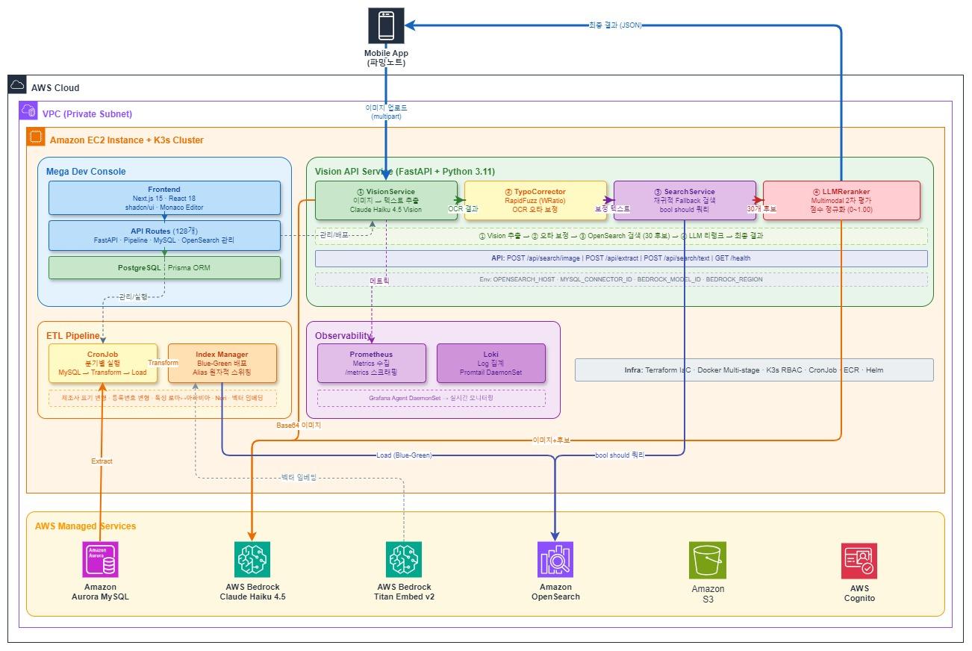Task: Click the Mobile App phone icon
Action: click(x=386, y=26)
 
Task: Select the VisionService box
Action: click(x=385, y=200)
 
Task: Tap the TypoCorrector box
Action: click(x=535, y=200)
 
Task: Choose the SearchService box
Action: click(x=684, y=200)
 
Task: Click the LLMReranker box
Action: click(x=841, y=200)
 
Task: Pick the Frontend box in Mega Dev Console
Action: click(x=164, y=198)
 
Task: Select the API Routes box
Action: click(x=164, y=235)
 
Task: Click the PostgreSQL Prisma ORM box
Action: click(x=164, y=267)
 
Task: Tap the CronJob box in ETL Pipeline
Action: click(x=103, y=364)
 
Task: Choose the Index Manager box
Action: click(x=222, y=364)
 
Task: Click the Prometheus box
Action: click(x=371, y=364)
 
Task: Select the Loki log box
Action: click(x=490, y=364)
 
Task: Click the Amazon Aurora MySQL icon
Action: click(x=100, y=560)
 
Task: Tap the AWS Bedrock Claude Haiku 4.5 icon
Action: click(x=252, y=560)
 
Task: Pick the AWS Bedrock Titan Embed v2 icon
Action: click(x=404, y=560)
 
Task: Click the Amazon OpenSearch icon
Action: click(x=555, y=560)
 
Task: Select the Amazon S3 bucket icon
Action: click(x=707, y=560)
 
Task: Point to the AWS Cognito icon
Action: click(x=859, y=560)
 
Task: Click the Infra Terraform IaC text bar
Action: click(x=754, y=370)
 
